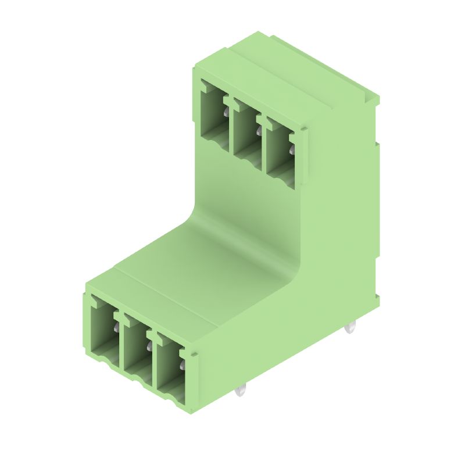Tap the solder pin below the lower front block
pyautogui.click(x=242, y=392)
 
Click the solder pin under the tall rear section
pyautogui.click(x=349, y=329)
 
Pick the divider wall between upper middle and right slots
pyautogui.click(x=263, y=145)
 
